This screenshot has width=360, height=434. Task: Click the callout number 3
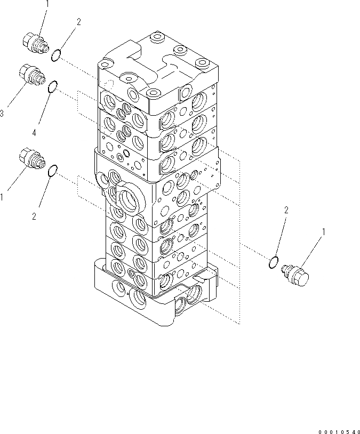click(x=3, y=114)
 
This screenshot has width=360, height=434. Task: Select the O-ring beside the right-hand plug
click(x=273, y=261)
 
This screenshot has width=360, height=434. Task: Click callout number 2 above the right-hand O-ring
click(x=286, y=211)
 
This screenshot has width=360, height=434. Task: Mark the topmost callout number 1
click(x=47, y=4)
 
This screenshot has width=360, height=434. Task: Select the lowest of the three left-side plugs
click(x=31, y=158)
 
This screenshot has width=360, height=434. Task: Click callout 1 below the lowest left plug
click(x=3, y=197)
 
